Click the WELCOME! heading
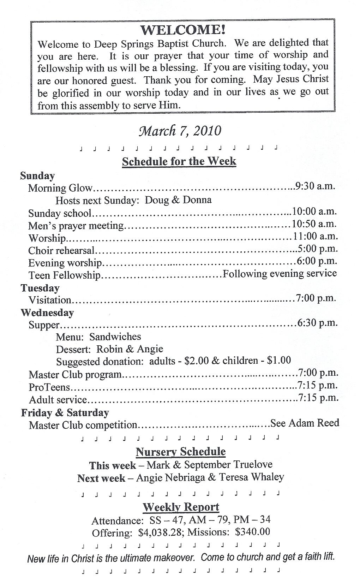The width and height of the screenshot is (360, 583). [183, 30]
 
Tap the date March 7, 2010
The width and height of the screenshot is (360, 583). [180, 131]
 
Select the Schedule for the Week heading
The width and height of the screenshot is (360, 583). [179, 161]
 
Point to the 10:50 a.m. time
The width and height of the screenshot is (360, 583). [314, 224]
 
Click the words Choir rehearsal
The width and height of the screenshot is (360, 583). [61, 251]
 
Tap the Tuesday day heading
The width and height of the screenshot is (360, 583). [40, 288]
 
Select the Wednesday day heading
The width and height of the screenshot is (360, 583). [47, 313]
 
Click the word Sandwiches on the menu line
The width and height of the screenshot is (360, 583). [115, 337]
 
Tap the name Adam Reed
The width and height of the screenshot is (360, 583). [314, 423]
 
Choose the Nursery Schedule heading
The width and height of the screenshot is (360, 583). [180, 452]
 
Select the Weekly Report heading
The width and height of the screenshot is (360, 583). [181, 507]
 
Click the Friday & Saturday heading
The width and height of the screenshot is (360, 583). [65, 413]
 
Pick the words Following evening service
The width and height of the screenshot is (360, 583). [280, 274]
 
